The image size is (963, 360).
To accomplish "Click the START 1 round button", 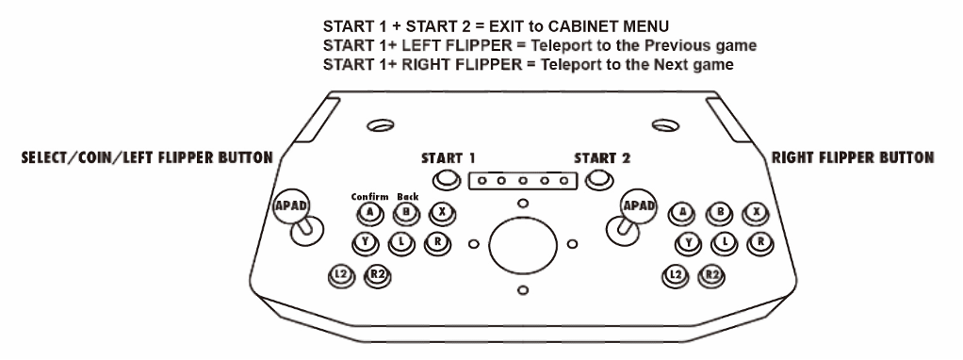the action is pos(447,179).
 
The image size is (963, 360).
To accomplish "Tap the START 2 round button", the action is pos(598,179).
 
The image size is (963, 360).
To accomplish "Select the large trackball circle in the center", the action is pos(523,245).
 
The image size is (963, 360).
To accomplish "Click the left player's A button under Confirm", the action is pos(369,213).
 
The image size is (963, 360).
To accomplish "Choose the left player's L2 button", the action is pos(341,276).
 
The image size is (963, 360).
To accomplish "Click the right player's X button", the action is pos(756,213).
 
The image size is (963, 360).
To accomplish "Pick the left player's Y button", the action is pos(366,243).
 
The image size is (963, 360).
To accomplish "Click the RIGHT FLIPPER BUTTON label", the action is pos(853,158).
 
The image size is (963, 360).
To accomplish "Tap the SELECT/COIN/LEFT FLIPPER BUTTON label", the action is pos(147,158).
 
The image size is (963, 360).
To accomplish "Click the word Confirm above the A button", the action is pos(369,197).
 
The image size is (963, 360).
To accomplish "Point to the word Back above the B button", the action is pos(408,197).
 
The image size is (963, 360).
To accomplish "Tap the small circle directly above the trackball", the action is pos(523,203).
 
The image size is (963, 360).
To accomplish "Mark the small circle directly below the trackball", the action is pos(523,290).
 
